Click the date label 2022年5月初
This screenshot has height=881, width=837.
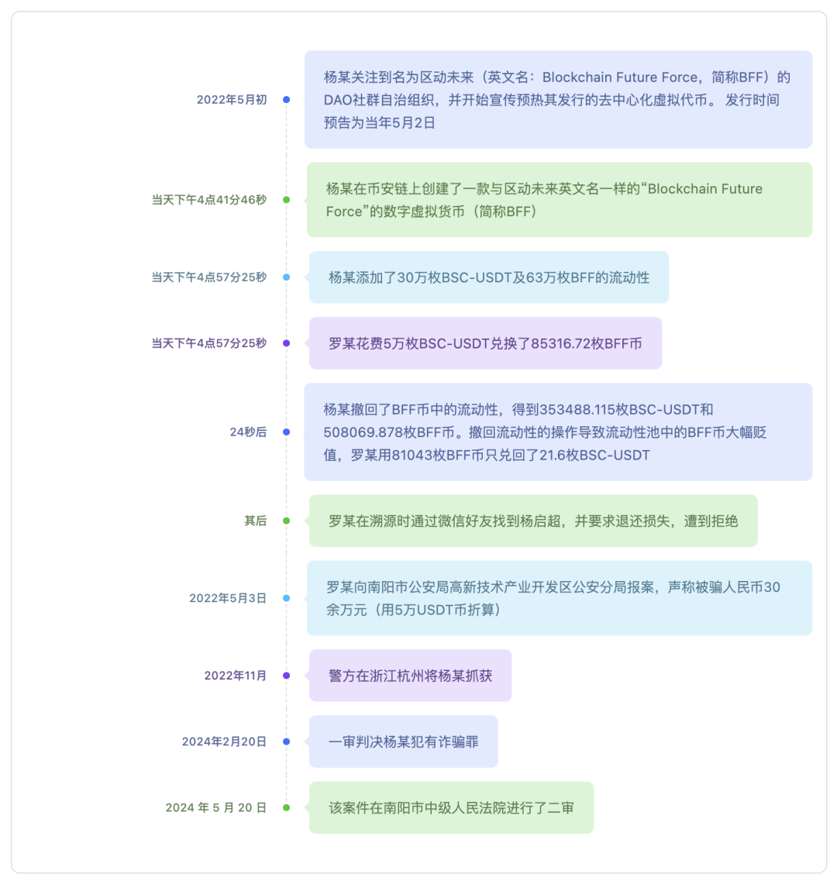pos(232,100)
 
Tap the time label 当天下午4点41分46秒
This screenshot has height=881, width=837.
pos(209,200)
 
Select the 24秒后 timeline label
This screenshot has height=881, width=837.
pos(248,432)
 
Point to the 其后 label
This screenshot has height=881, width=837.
pos(255,521)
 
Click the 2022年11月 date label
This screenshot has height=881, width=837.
pos(235,676)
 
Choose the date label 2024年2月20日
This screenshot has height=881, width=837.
pos(224,742)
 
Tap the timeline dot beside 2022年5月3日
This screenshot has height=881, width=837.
pos(286,598)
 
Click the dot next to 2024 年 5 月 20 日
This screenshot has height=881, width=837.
pos(286,808)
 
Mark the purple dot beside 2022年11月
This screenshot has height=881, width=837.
pos(286,676)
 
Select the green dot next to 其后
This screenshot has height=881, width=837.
pos(286,521)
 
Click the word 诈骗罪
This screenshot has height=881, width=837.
pos(459,742)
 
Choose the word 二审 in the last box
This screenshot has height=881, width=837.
pos(560,808)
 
